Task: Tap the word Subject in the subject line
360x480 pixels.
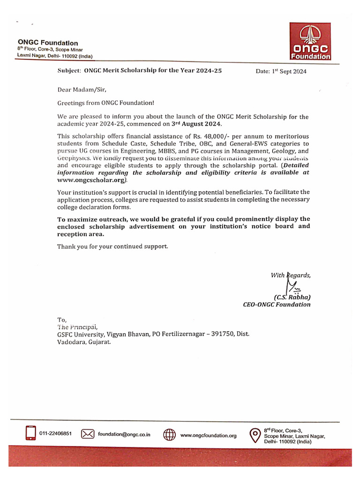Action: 69,71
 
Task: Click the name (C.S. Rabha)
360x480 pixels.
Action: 292,297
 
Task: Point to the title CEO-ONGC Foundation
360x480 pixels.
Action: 277,304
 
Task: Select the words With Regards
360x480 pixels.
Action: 291,275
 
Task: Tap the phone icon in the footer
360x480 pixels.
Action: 31,434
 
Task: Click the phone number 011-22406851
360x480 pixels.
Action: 55,434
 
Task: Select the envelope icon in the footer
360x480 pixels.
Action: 88,434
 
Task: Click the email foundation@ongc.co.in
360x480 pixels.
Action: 124,434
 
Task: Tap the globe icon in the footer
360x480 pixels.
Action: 169,435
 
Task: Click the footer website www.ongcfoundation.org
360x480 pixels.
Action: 209,435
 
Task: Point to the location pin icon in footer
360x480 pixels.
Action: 254,435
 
